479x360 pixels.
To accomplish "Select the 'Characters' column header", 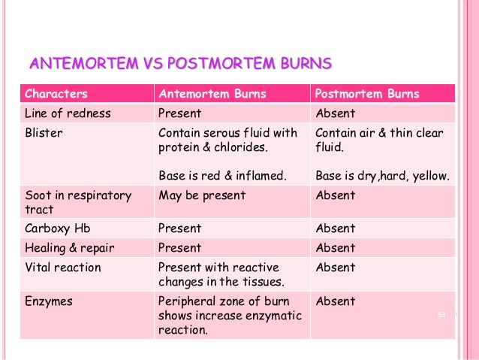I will (x=56, y=94).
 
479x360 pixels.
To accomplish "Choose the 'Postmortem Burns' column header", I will (x=367, y=94).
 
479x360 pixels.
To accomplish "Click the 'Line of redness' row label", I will (x=68, y=113).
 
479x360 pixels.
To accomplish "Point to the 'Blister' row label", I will (x=44, y=133).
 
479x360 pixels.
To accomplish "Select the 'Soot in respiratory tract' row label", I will (x=78, y=202).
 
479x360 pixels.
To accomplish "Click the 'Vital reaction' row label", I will (x=62, y=267).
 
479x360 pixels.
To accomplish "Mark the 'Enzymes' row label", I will (x=49, y=301).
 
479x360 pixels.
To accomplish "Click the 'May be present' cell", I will (x=202, y=195).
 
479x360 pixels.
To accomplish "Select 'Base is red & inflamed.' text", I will (x=223, y=177).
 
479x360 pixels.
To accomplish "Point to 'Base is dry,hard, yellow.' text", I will (x=383, y=177).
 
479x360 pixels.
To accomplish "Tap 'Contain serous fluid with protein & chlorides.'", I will (x=227, y=140).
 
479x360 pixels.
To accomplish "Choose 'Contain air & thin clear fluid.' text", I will (x=379, y=140).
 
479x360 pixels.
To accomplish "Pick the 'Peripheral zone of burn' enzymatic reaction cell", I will (x=229, y=316).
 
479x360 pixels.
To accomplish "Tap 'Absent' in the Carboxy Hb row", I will (x=335, y=228).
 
